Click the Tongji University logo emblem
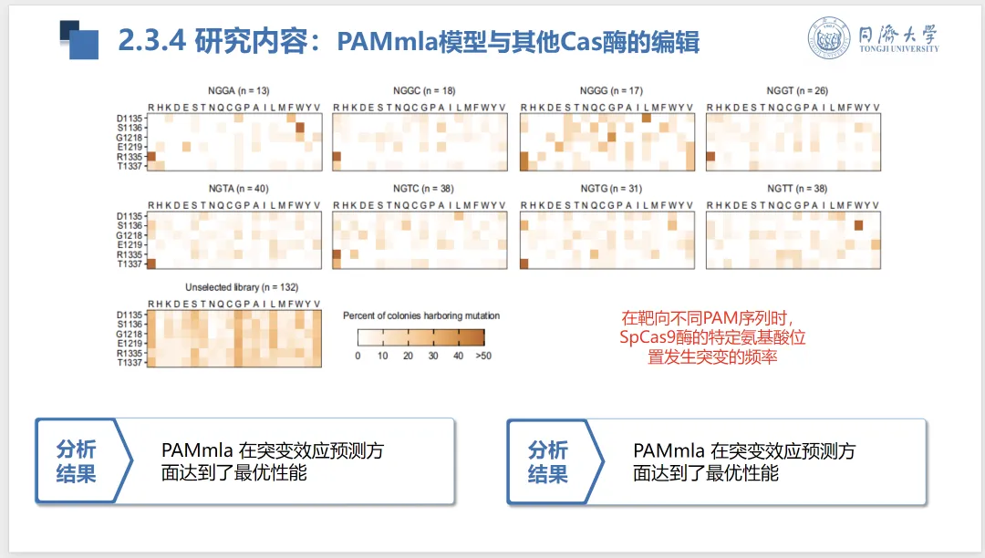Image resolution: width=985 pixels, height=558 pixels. pyautogui.click(x=829, y=38)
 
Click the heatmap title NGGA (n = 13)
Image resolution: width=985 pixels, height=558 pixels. pyautogui.click(x=238, y=91)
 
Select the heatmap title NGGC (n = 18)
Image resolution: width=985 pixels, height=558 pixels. pyautogui.click(x=424, y=91)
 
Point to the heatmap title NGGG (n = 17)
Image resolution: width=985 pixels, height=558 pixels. pyautogui.click(x=611, y=91)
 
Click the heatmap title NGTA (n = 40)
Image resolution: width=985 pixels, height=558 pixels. pyautogui.click(x=238, y=189)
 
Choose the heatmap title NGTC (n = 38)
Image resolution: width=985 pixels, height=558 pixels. pyautogui.click(x=424, y=189)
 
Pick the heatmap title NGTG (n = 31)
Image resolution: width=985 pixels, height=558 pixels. pyautogui.click(x=611, y=189)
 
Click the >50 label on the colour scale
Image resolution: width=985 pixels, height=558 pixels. pyautogui.click(x=482, y=356)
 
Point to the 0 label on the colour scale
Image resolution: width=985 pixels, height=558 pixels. pyautogui.click(x=358, y=356)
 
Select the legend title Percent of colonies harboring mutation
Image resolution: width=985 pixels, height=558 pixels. pyautogui.click(x=421, y=315)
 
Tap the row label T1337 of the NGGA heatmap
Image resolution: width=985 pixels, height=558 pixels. pyautogui.click(x=130, y=166)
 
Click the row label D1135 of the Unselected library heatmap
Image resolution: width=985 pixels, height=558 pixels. pyautogui.click(x=130, y=315)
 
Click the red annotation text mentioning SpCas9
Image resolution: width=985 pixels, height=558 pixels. pyautogui.click(x=712, y=337)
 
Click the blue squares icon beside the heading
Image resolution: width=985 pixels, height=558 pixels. pyautogui.click(x=78, y=39)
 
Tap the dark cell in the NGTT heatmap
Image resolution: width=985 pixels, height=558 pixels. pyautogui.click(x=858, y=225)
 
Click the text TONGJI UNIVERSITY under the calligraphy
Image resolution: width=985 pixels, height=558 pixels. pyautogui.click(x=897, y=49)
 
